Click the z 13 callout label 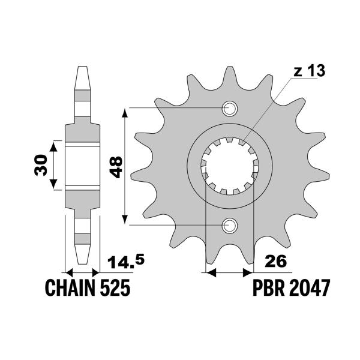(x=308, y=72)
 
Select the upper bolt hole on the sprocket (x=229, y=109)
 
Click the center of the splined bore (x=229, y=167)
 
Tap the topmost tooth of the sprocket (x=229, y=75)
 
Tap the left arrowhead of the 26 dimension (x=210, y=273)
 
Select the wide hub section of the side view (x=82, y=166)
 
